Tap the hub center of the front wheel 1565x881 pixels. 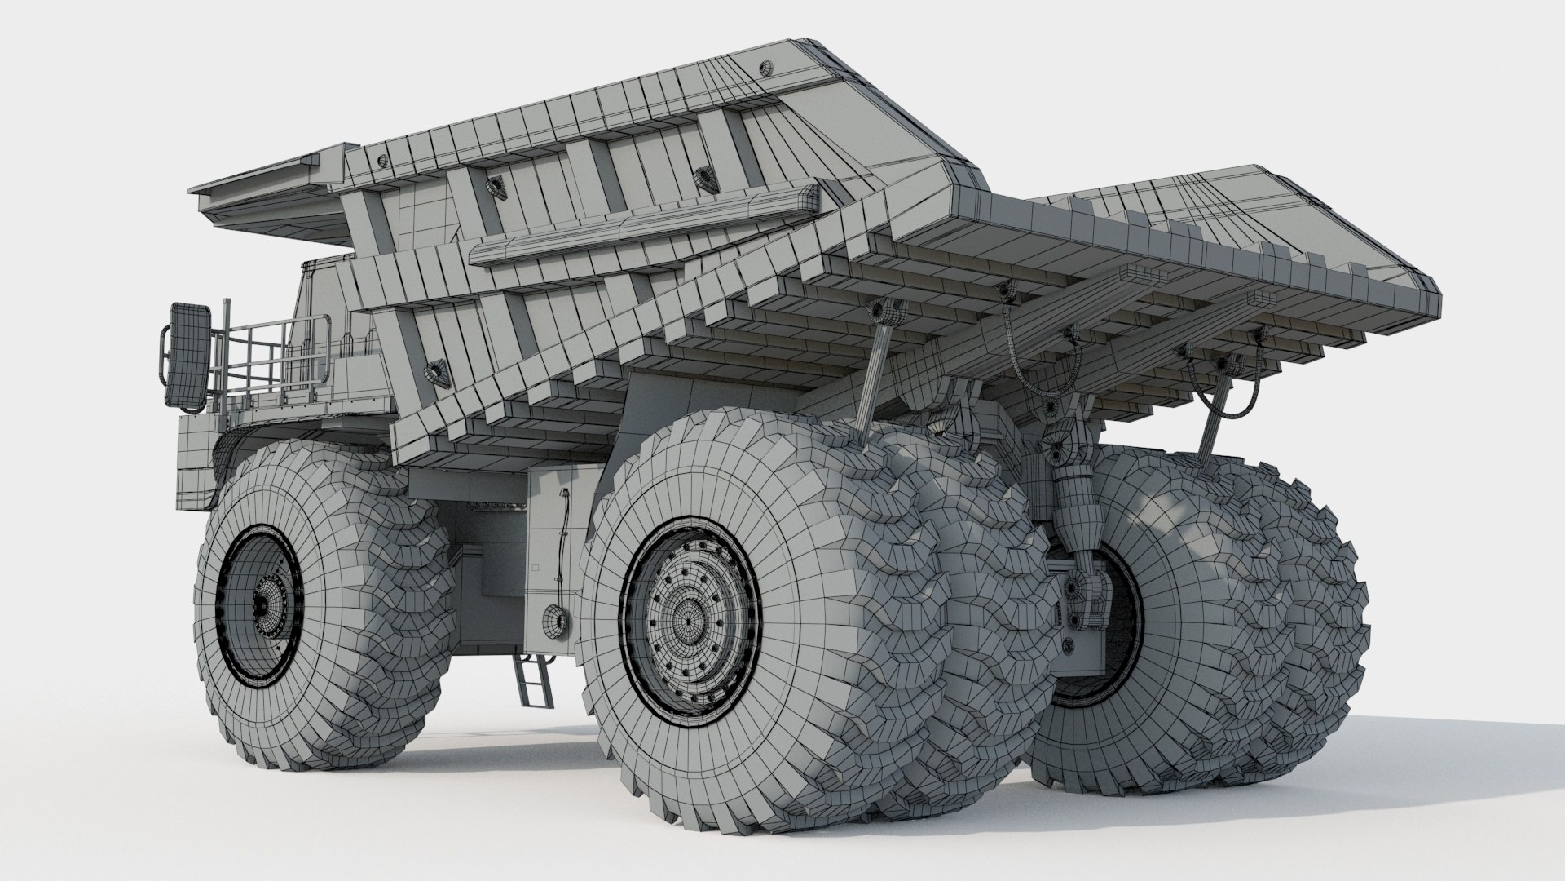[263, 605]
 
